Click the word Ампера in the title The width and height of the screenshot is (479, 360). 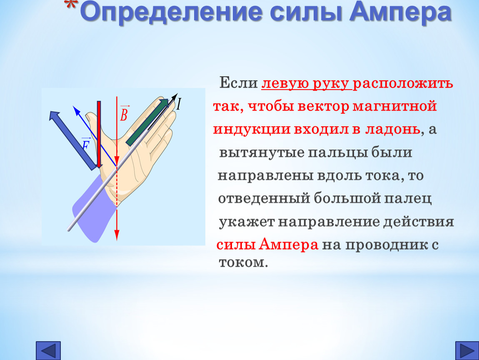pyautogui.click(x=401, y=12)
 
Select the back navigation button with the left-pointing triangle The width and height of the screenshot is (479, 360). pyautogui.click(x=48, y=350)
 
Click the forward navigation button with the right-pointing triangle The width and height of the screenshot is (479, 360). pyautogui.click(x=467, y=350)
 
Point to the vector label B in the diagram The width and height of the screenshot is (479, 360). pyautogui.click(x=124, y=113)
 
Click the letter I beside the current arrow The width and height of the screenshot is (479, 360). pyautogui.click(x=179, y=104)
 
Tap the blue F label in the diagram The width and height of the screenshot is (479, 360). pyautogui.click(x=86, y=144)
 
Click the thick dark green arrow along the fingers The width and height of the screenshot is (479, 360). pyautogui.click(x=147, y=122)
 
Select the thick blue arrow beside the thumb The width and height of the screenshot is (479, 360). pyautogui.click(x=72, y=140)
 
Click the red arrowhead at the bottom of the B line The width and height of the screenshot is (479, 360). pyautogui.click(x=116, y=234)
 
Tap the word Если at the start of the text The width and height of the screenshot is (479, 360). pyautogui.click(x=239, y=82)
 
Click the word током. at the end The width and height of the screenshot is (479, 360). pyautogui.click(x=244, y=262)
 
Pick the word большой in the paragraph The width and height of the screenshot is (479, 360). pyautogui.click(x=347, y=198)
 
